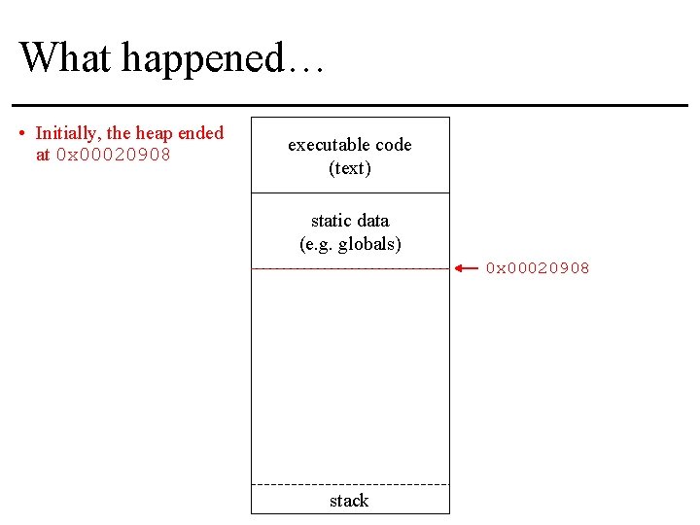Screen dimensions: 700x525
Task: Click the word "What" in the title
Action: [62, 57]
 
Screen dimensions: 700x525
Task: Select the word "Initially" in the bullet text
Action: [66, 133]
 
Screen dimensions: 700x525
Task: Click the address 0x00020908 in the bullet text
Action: [114, 155]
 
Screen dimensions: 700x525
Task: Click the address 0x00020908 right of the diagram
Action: [538, 268]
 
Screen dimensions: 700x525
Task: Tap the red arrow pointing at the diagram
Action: [467, 267]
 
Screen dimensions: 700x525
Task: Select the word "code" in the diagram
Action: [394, 145]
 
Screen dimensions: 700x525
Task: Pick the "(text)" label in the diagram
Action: [350, 168]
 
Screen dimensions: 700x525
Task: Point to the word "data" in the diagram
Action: [373, 221]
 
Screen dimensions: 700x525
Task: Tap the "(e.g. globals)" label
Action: [350, 243]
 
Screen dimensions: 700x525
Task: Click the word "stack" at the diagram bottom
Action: [349, 501]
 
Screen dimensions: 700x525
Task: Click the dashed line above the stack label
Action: [350, 484]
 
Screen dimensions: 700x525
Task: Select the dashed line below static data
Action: [350, 267]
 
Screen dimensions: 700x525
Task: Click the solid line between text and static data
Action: [350, 192]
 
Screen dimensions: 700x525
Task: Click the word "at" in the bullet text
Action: [43, 155]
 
